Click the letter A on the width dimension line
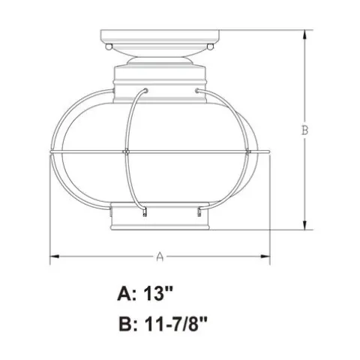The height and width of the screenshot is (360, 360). click(160, 256)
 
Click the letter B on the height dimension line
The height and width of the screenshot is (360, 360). click(304, 130)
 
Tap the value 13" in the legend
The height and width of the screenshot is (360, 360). click(158, 293)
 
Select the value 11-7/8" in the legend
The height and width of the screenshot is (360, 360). click(175, 324)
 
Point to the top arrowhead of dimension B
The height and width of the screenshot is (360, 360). click(304, 34)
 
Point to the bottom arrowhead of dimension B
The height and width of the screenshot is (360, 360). click(304, 225)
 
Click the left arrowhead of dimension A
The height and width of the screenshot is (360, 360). click(55, 256)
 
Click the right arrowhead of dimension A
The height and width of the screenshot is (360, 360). click(265, 256)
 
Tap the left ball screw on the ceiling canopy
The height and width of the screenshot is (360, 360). click(109, 46)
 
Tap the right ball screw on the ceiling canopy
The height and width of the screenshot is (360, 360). click(211, 46)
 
